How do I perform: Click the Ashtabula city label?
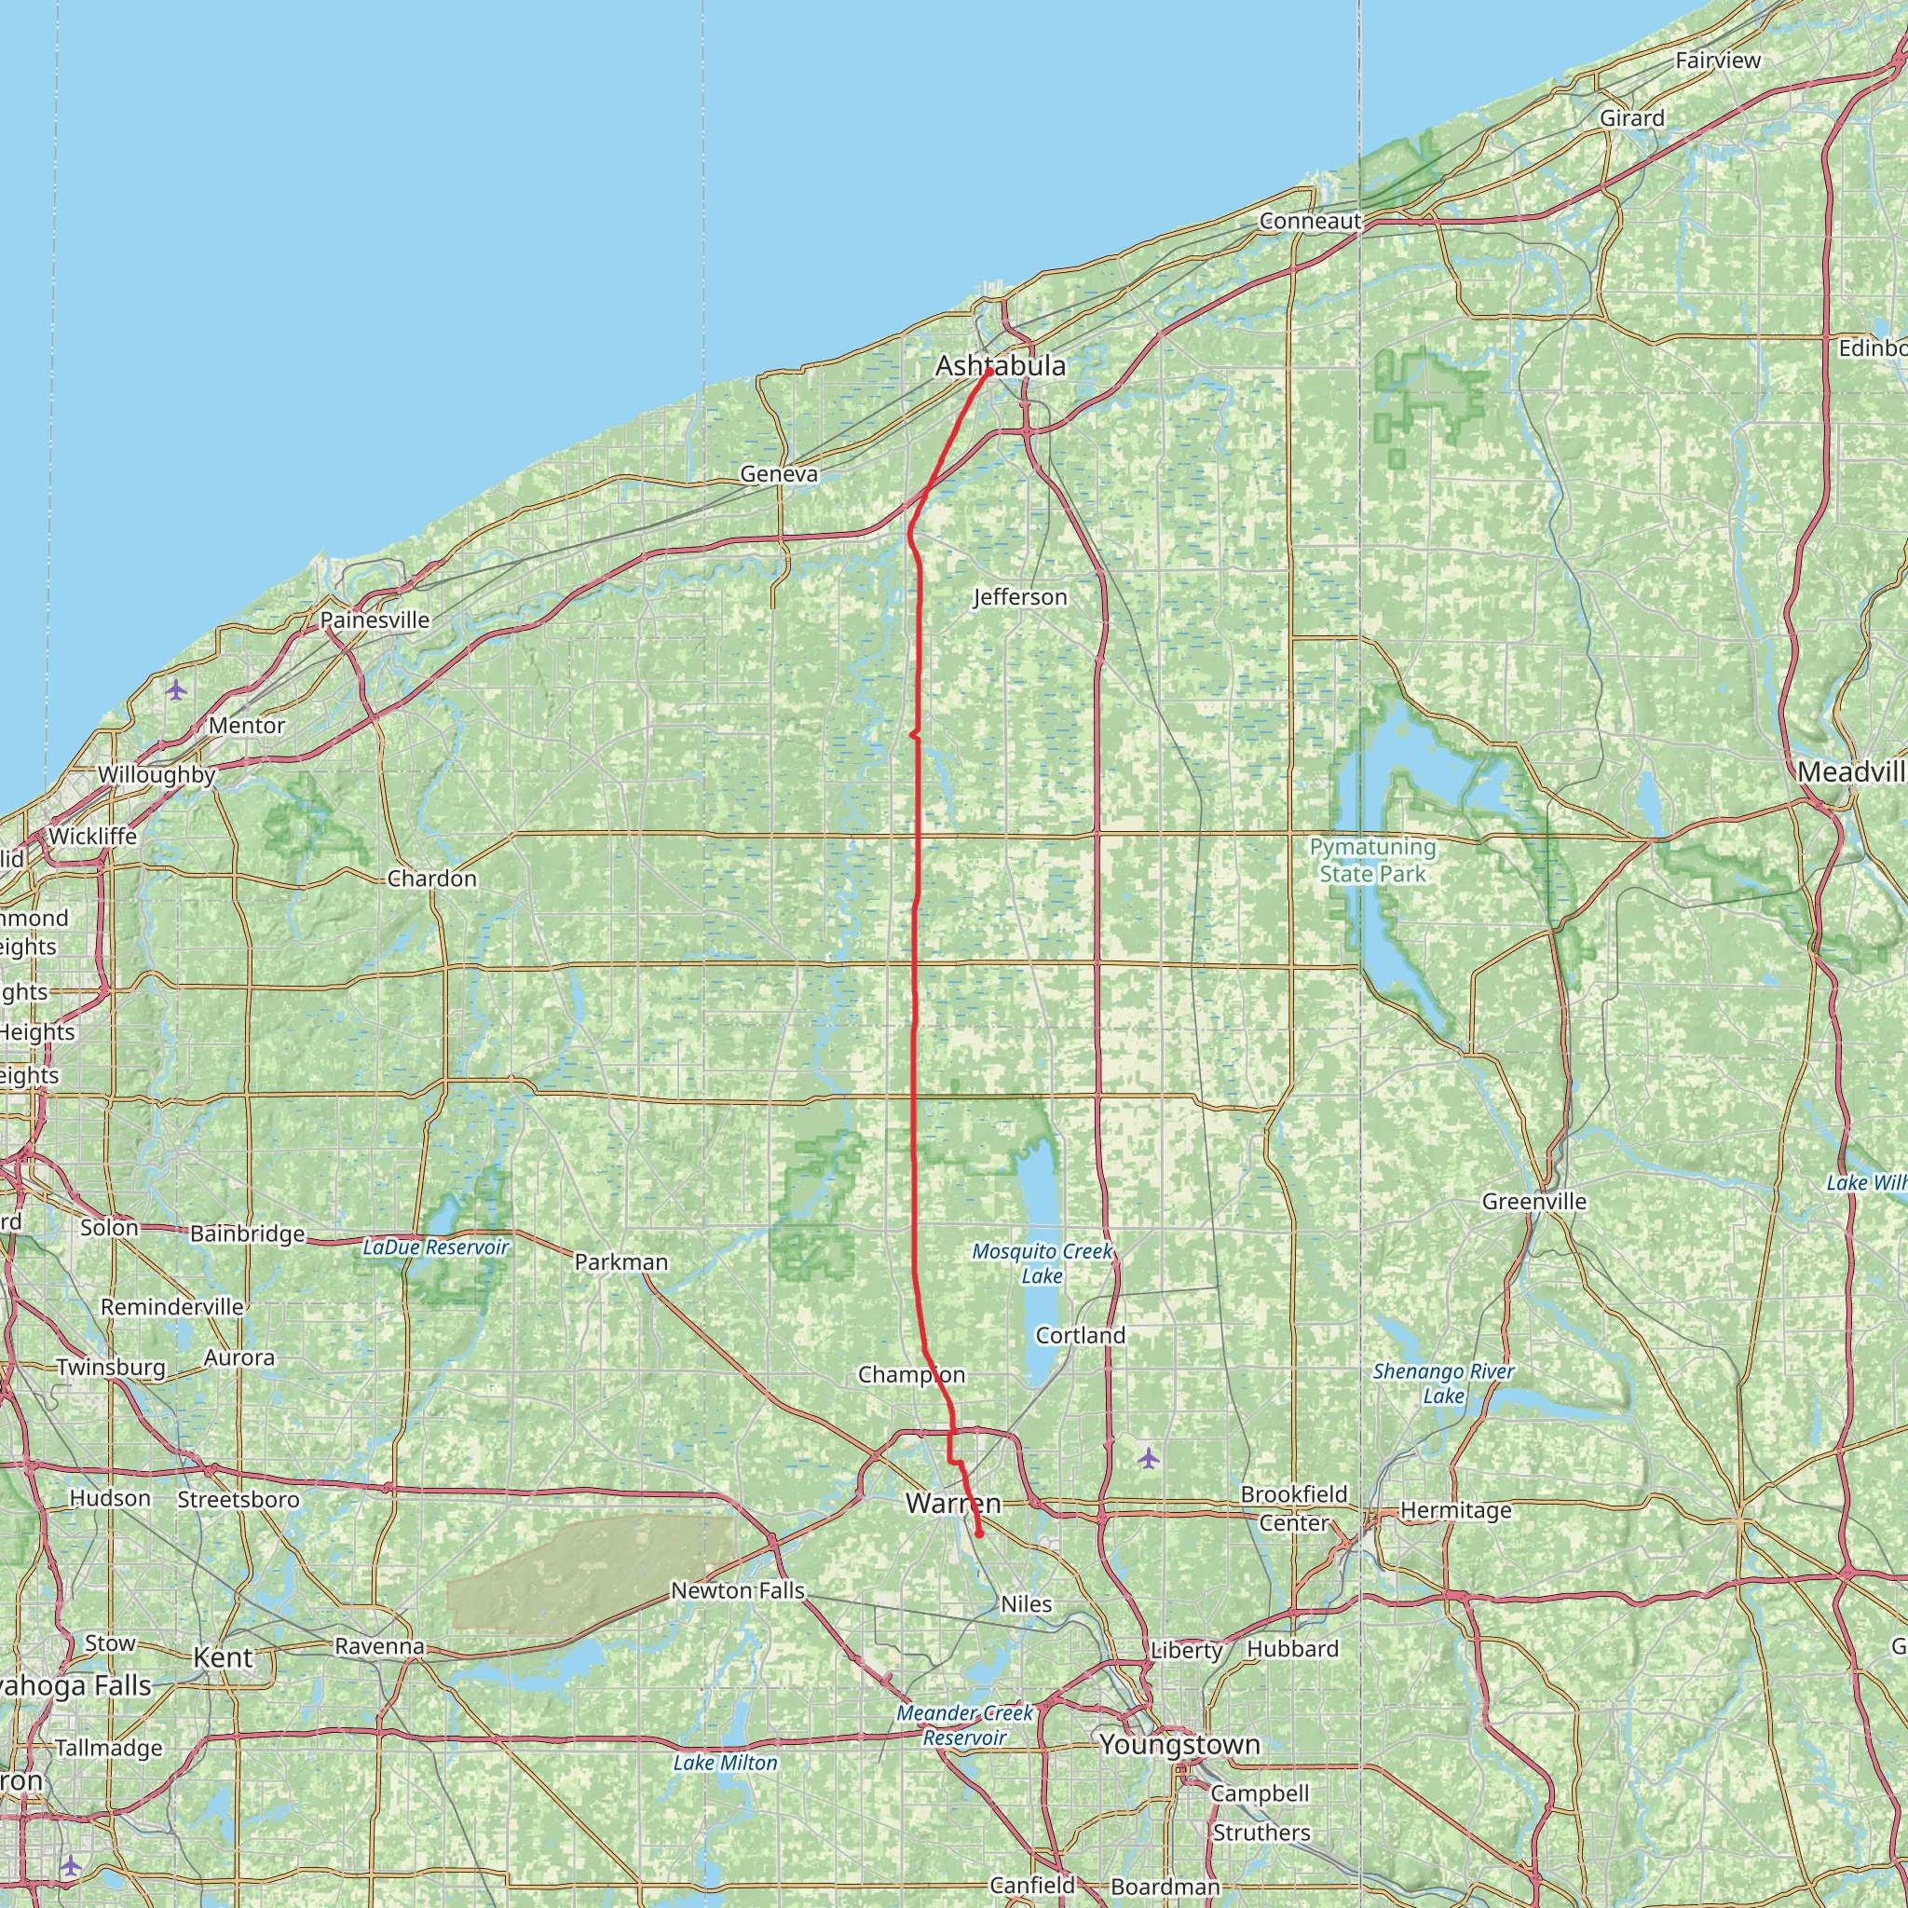click(x=1001, y=366)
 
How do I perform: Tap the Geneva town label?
click(x=779, y=474)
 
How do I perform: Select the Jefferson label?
click(x=1020, y=596)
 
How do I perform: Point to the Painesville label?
click(x=375, y=620)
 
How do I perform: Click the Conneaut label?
click(x=1311, y=221)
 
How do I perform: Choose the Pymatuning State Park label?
click(x=1372, y=860)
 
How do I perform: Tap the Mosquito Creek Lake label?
click(x=1042, y=1263)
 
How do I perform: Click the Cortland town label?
click(x=1081, y=1335)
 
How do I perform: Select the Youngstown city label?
click(x=1180, y=1745)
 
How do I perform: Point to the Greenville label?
click(x=1533, y=1202)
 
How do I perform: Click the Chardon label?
click(x=431, y=878)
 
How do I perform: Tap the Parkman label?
click(x=621, y=1262)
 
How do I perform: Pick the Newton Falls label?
click(x=738, y=1591)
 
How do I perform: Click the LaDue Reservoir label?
click(x=435, y=1247)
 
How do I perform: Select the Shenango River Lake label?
click(x=1443, y=1383)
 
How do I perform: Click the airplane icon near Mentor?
click(x=176, y=689)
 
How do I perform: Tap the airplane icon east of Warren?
click(x=1148, y=1458)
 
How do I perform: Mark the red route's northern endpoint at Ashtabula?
click(x=988, y=373)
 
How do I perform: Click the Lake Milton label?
click(x=725, y=1763)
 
